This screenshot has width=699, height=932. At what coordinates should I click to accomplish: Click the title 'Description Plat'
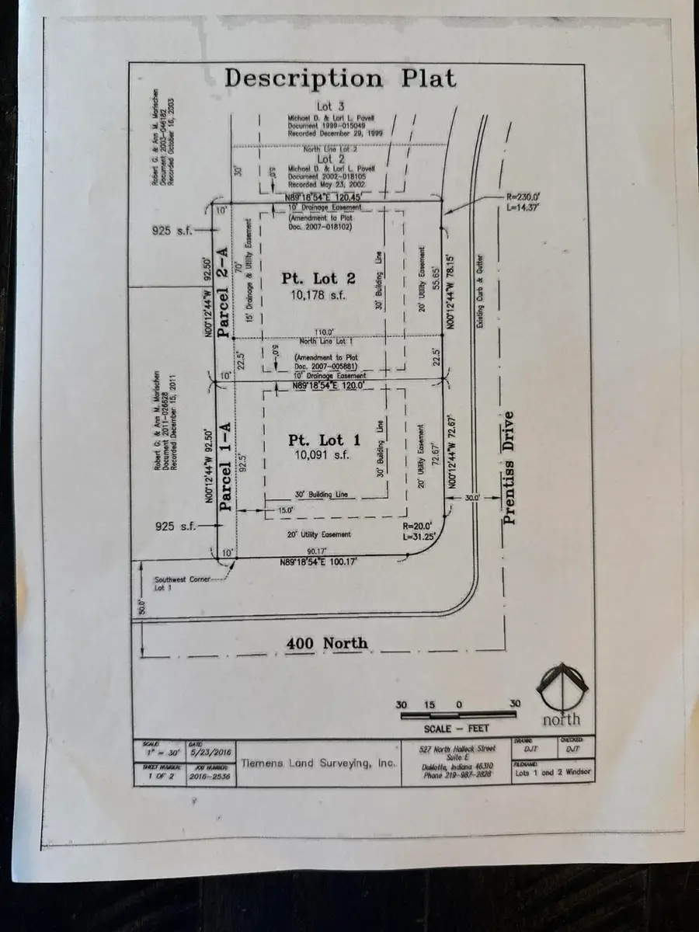tap(340, 78)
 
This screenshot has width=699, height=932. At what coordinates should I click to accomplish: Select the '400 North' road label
tap(327, 643)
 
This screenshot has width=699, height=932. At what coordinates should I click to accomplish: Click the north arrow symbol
tap(561, 687)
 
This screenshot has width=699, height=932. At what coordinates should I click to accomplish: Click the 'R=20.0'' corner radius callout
tap(432, 525)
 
